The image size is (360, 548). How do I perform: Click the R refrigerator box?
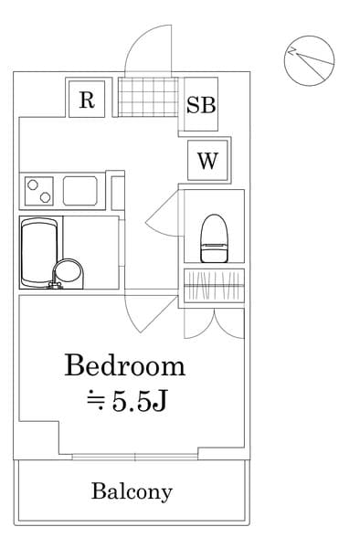coord(87,100)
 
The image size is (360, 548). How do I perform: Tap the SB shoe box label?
coord(201,104)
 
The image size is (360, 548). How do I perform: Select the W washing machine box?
coord(207,163)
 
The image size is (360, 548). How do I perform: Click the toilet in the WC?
coord(214,236)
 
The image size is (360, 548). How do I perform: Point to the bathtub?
coord(39,252)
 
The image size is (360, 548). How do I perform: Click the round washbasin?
coord(69,272)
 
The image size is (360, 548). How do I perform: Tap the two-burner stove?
coord(37,191)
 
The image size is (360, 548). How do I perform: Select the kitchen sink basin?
coord(81,191)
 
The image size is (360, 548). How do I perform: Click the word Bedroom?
coord(124,366)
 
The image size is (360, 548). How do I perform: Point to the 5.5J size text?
coord(127,401)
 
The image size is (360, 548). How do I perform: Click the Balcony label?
coord(132,491)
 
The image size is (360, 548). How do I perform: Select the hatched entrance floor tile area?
coord(145,95)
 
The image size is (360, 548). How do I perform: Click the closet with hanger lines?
coord(214,287)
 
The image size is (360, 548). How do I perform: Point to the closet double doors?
coord(214,321)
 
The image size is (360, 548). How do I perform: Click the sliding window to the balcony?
coord(135,455)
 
